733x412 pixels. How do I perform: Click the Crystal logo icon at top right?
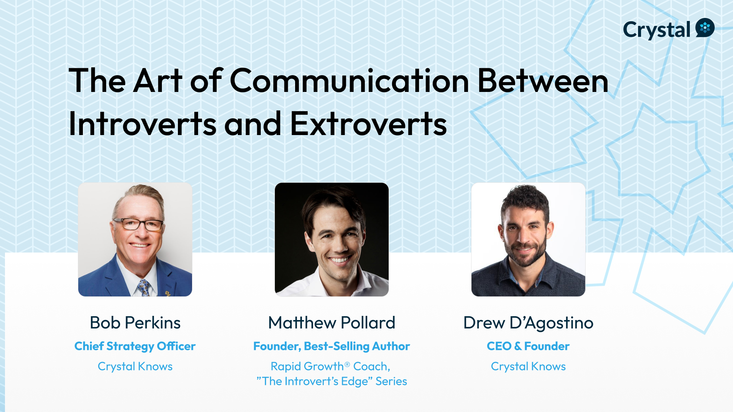705,27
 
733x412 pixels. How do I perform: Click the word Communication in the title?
349,80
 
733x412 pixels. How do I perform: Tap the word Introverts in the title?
143,124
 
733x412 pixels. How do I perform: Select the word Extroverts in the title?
368,124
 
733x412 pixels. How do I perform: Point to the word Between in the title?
543,80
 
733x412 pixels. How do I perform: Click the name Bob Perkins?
135,323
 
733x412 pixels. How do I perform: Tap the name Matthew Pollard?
332,323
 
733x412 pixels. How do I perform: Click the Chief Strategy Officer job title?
135,346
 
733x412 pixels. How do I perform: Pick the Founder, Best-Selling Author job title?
332,346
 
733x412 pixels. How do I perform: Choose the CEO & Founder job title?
528,346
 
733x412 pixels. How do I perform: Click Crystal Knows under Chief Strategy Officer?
135,366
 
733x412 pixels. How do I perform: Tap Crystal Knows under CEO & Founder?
528,366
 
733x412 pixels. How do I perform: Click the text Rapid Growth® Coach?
331,367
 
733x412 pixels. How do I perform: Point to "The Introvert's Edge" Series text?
332,381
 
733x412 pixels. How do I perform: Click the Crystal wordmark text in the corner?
657,30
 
